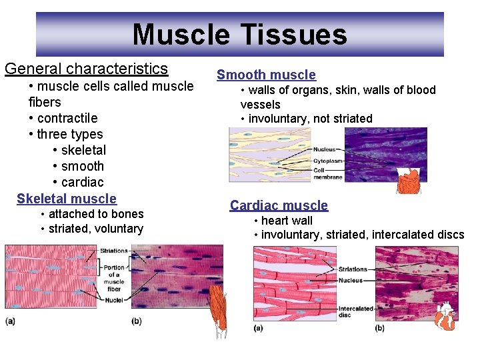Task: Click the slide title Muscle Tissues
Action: [x=239, y=35]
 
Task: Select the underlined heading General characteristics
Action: [x=86, y=69]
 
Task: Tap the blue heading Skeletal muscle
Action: [x=67, y=199]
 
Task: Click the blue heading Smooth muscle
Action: [x=266, y=75]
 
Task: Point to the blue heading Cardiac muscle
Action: [x=279, y=205]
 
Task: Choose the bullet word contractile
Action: [x=67, y=118]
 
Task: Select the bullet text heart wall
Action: [x=286, y=221]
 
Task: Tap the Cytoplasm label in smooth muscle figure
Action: [x=327, y=160]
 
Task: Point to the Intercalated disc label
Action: [x=355, y=312]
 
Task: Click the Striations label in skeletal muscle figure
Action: [x=113, y=251]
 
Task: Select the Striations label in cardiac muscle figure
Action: [x=353, y=269]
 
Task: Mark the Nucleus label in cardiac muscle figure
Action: [x=351, y=281]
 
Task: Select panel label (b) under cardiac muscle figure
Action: [x=380, y=328]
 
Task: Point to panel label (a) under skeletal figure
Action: [x=11, y=321]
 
